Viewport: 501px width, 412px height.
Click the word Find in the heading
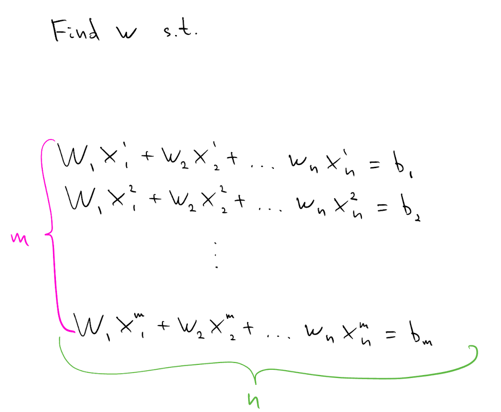[75, 30]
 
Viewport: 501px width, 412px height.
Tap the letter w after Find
[126, 32]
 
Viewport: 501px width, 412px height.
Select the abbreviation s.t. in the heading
[180, 30]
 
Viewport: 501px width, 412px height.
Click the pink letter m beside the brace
[20, 239]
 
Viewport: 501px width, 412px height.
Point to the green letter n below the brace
[254, 401]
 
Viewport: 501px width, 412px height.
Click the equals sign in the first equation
[375, 165]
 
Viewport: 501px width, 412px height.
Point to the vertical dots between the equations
[216, 255]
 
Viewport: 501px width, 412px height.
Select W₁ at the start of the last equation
[92, 327]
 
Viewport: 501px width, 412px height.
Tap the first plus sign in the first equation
[147, 156]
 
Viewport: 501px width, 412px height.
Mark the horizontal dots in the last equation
[278, 337]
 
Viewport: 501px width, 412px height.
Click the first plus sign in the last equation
[163, 326]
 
